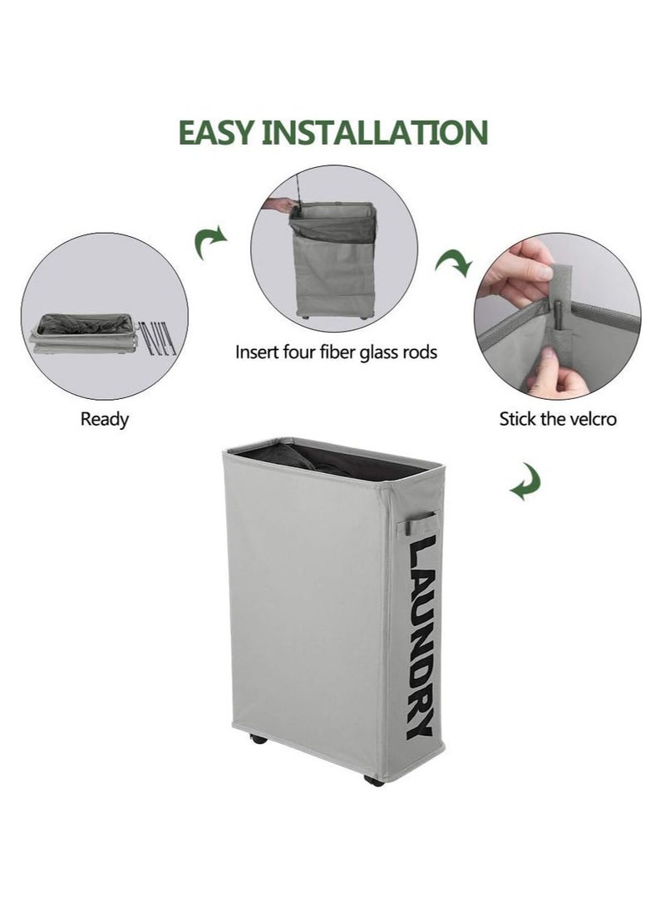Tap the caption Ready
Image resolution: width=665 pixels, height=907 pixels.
pos(105,419)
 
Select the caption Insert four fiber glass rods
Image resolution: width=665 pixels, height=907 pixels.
pos(336,352)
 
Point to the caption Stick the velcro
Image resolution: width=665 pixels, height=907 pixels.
pos(558,419)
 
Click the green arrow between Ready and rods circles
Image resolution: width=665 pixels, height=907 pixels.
pos(209,244)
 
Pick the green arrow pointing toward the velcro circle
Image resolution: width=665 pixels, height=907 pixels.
pos(455,264)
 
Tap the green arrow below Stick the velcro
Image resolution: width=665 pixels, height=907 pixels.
pos(526,481)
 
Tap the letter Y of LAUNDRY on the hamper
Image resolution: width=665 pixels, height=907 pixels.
pos(419,725)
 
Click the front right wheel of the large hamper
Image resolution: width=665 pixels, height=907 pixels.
pos(375,781)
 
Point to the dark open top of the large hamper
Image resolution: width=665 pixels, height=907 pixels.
pos(332,460)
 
